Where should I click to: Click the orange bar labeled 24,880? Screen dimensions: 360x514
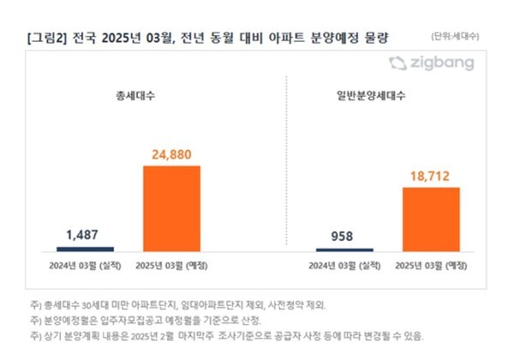pos(171,207)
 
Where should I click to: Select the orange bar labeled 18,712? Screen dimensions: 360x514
pos(431,218)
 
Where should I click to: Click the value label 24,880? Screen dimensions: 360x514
pos(171,155)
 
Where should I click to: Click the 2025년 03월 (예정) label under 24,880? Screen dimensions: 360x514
pos(171,264)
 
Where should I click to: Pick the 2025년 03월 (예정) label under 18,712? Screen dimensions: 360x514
pos(431,264)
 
